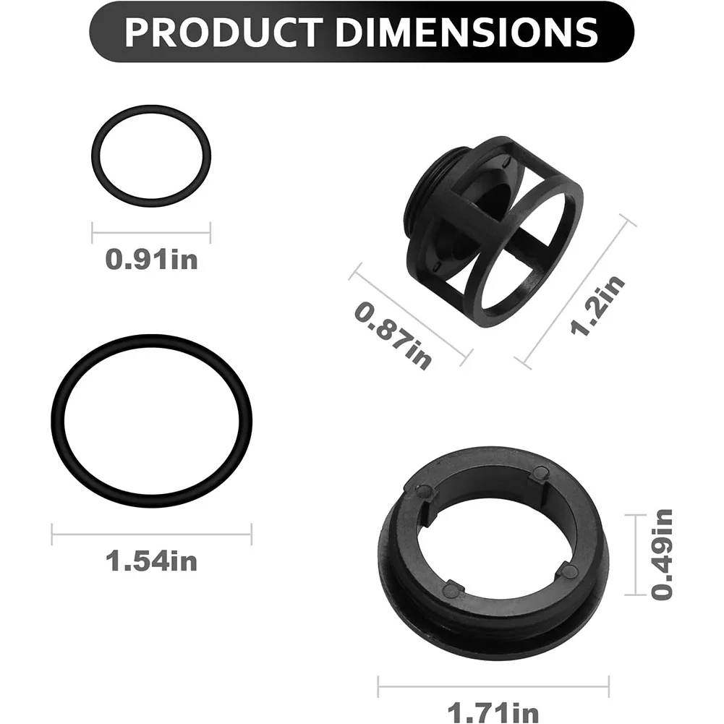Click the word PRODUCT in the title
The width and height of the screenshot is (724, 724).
(223, 33)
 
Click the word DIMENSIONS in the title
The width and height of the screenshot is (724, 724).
(467, 33)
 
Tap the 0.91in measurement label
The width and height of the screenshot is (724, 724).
(151, 260)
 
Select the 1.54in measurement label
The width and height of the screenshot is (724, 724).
(151, 561)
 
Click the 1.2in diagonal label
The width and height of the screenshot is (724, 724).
(597, 304)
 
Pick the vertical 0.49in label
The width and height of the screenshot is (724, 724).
(662, 555)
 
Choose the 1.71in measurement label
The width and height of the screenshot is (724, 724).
(493, 712)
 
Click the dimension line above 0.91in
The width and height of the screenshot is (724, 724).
(151, 233)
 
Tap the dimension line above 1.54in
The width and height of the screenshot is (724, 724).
(151, 535)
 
